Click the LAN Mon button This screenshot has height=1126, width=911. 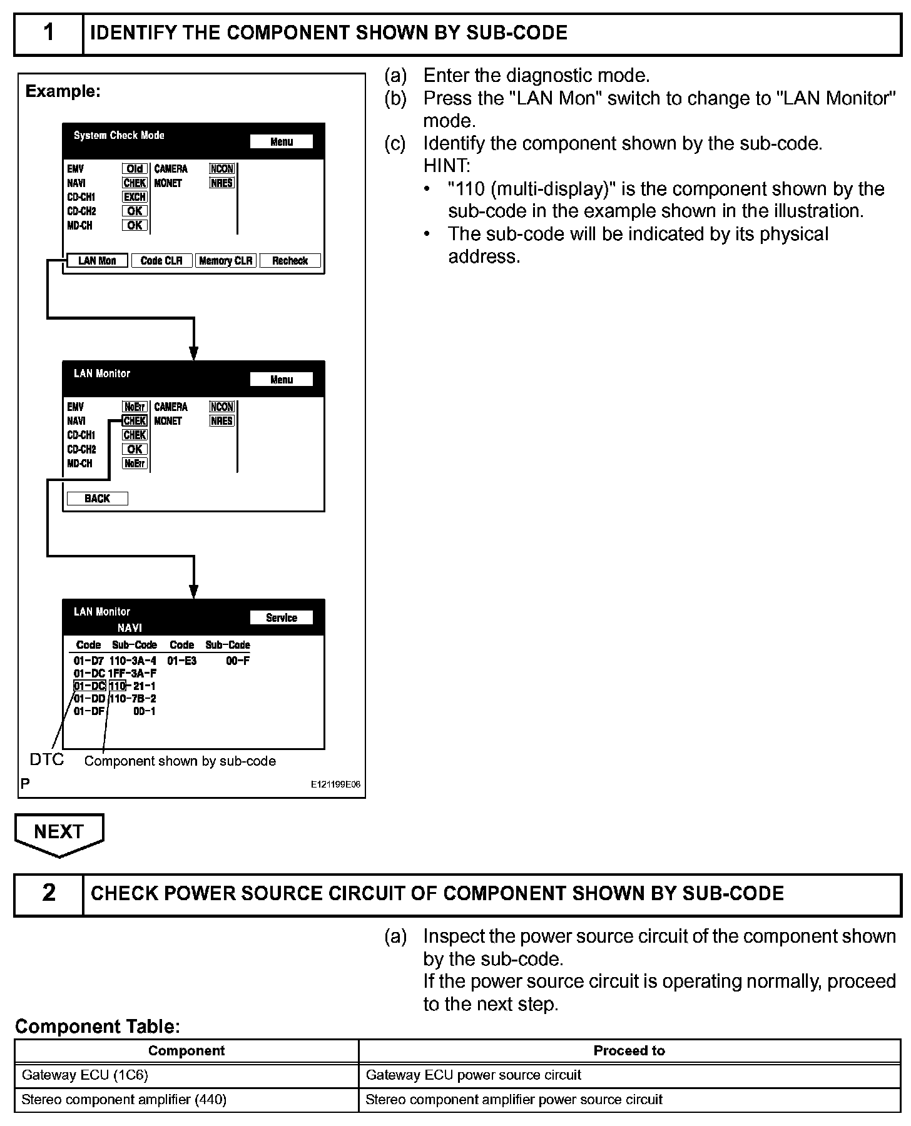97,261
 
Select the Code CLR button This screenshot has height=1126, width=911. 161,261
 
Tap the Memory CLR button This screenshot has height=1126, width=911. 225,261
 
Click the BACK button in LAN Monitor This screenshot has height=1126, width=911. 97,499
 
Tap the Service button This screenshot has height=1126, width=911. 281,617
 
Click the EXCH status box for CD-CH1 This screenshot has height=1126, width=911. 135,197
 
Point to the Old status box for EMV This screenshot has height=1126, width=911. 135,169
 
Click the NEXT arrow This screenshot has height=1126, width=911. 59,833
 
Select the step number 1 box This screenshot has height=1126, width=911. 49,33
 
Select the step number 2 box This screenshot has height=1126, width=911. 49,893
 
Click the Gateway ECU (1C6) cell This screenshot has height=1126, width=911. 186,1075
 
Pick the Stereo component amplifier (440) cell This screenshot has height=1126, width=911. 186,1099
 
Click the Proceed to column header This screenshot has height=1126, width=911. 629,1050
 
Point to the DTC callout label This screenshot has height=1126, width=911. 47,759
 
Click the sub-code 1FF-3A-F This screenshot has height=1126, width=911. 133,673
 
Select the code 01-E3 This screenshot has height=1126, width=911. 182,661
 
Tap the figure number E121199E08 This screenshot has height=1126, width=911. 335,784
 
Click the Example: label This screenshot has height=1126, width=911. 63,91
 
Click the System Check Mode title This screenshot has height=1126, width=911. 119,135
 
